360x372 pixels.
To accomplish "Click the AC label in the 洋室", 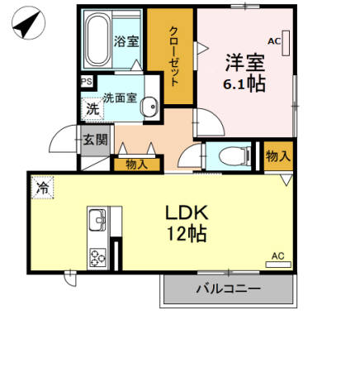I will tap(273, 40).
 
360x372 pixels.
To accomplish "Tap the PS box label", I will tap(87, 81).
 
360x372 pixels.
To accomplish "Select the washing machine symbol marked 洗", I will tap(93, 108).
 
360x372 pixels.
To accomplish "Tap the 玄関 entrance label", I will tap(93, 139).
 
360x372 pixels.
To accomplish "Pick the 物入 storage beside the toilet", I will tap(278, 155).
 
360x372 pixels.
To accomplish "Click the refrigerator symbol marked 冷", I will tap(41, 188).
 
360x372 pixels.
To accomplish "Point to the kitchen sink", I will tap(97, 220).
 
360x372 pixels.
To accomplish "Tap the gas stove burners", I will tap(97, 256).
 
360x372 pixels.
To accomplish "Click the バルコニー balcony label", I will tap(228, 289).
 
